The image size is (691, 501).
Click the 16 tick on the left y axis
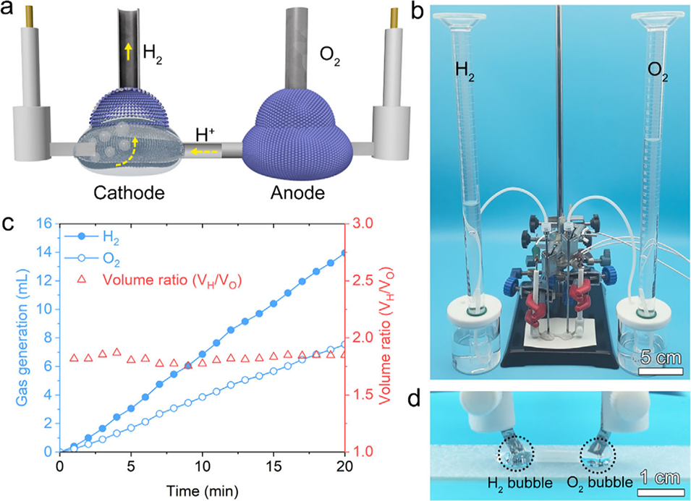pos(46,224)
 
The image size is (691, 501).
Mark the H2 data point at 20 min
pos(344,252)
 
